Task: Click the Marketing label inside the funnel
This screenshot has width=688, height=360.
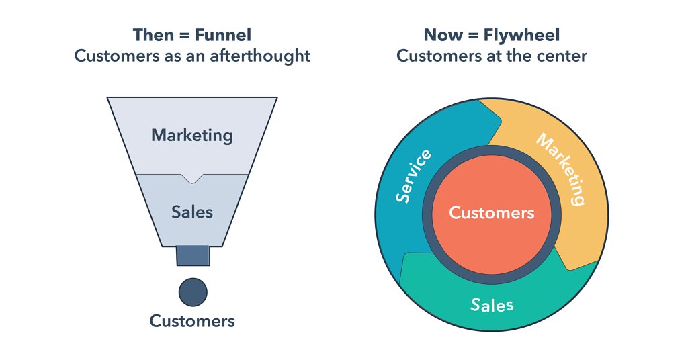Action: click(x=191, y=135)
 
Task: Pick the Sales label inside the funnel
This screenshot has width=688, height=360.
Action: click(x=191, y=212)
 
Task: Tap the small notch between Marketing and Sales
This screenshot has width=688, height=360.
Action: click(x=192, y=178)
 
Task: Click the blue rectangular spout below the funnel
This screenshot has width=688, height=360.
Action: click(x=193, y=256)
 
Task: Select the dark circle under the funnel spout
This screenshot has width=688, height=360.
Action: click(x=193, y=292)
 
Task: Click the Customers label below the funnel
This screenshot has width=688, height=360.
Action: click(x=192, y=321)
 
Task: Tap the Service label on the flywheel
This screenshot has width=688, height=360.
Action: click(x=414, y=176)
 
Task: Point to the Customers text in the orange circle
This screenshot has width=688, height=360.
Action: click(x=492, y=213)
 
